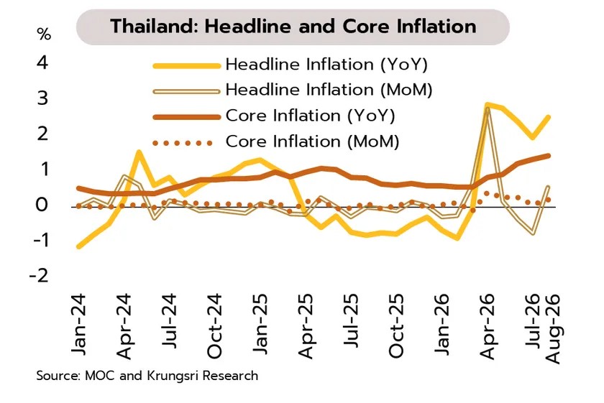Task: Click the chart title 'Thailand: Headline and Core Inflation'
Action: pyautogui.click(x=293, y=27)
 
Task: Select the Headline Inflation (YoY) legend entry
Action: pyautogui.click(x=290, y=65)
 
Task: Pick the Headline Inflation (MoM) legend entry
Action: pyautogui.click(x=293, y=90)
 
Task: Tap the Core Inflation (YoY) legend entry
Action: pyautogui.click(x=274, y=116)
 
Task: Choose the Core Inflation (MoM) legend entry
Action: pyautogui.click(x=276, y=142)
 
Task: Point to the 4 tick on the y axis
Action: pyautogui.click(x=42, y=62)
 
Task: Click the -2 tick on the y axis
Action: pyautogui.click(x=40, y=276)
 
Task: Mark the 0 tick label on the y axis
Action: pyautogui.click(x=42, y=205)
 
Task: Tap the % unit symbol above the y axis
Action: pyautogui.click(x=44, y=34)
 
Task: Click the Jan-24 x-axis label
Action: pyautogui.click(x=78, y=325)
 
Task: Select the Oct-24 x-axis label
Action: pyautogui.click(x=214, y=326)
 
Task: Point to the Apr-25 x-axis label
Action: pyautogui.click(x=306, y=326)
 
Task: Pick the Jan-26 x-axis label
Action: pyautogui.click(x=441, y=325)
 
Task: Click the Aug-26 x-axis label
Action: pyautogui.click(x=552, y=329)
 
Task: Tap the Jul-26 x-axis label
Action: pyautogui.click(x=533, y=321)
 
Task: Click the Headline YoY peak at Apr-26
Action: pyautogui.click(x=488, y=104)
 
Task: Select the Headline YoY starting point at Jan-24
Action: pyautogui.click(x=78, y=246)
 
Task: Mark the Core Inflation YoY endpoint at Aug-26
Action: pyautogui.click(x=548, y=156)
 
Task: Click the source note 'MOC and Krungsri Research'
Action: pyautogui.click(x=171, y=376)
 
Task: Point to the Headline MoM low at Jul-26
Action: pyautogui.click(x=533, y=233)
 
